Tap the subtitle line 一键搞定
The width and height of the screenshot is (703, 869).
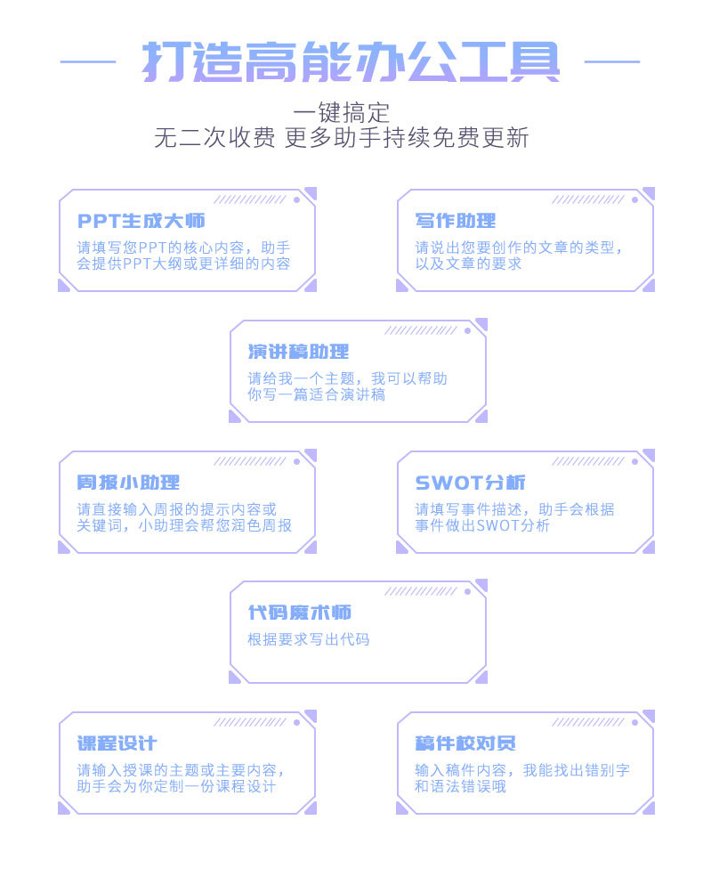click(342, 113)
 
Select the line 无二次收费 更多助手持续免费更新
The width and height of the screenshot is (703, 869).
click(342, 139)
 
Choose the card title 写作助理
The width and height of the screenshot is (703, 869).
click(455, 221)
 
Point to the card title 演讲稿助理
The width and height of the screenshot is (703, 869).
click(298, 352)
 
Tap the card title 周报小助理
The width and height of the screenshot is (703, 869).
click(129, 483)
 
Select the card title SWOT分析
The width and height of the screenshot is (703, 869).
click(470, 483)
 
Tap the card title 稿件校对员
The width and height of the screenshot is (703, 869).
click(465, 743)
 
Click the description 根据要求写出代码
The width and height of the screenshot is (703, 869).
click(308, 639)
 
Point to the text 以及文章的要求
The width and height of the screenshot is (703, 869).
click(468, 264)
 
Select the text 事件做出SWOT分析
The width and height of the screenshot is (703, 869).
click(482, 525)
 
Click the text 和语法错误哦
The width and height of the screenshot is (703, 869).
click(460, 787)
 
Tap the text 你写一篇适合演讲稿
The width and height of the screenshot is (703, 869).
click(316, 394)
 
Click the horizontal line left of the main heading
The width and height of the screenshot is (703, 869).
click(88, 61)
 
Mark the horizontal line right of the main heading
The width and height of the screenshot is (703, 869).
click(611, 61)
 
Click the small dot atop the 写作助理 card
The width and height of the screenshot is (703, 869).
click(634, 199)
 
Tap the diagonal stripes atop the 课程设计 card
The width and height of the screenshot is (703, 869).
click(250, 722)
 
